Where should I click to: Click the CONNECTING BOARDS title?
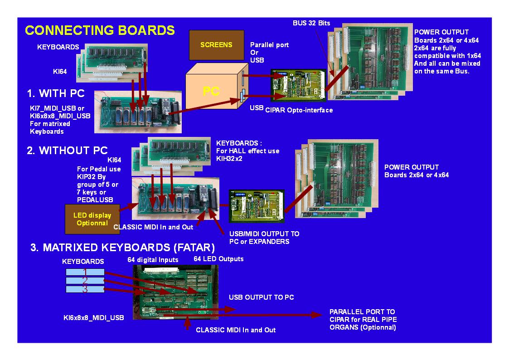click(100, 30)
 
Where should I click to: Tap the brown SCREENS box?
click(216, 45)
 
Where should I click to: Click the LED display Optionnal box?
click(92, 219)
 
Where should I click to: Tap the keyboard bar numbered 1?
click(85, 272)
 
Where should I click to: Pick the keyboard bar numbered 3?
click(85, 289)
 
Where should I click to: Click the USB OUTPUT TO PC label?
click(261, 297)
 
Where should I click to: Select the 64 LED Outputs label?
click(218, 259)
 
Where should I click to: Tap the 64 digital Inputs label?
click(152, 260)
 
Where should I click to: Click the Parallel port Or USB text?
click(269, 52)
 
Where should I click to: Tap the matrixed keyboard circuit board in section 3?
click(175, 292)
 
